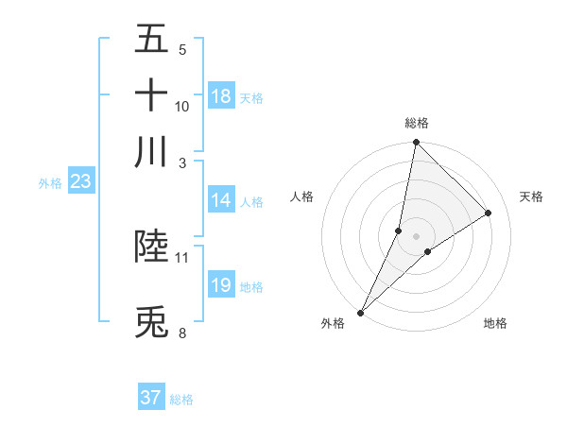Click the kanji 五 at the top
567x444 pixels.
coord(151,39)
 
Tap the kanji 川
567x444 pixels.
coord(151,151)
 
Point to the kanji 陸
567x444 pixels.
coord(151,246)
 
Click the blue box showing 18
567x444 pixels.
coord(221,96)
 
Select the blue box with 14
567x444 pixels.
coord(221,200)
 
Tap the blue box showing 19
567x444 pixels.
coord(221,285)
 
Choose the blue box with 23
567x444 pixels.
coord(79,181)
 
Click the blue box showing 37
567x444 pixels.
coord(151,398)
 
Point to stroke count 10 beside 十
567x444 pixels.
coord(182,107)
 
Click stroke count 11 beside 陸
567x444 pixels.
coord(182,257)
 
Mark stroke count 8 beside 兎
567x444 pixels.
coord(182,333)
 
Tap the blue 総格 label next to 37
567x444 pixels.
coord(181,400)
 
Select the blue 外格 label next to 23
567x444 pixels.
coord(49,183)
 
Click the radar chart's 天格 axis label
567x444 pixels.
coord(531,196)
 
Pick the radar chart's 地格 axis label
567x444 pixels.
coord(495,324)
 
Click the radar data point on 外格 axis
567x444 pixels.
coord(361,312)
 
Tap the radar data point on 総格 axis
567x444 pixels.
coord(416,143)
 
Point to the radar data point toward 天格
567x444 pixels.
coord(489,213)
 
